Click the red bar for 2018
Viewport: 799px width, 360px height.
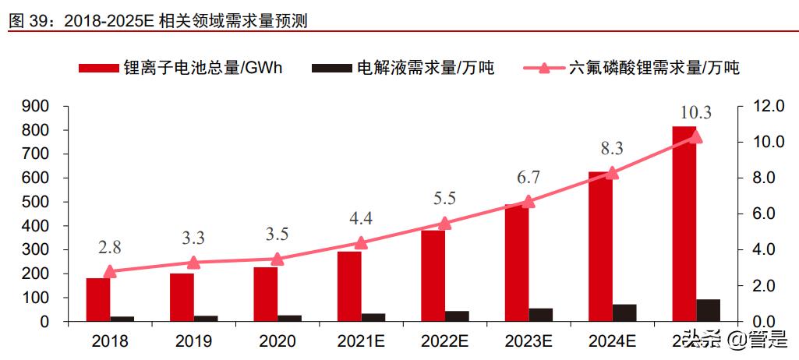97,300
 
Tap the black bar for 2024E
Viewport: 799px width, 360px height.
624,312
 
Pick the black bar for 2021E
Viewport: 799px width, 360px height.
373,317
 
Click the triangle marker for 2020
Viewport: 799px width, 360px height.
277,259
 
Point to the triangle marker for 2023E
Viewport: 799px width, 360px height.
528,202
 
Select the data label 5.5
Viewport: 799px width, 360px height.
444,198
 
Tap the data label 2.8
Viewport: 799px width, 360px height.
110,248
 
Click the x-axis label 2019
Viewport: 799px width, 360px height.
193,341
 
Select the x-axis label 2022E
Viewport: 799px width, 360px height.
444,341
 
